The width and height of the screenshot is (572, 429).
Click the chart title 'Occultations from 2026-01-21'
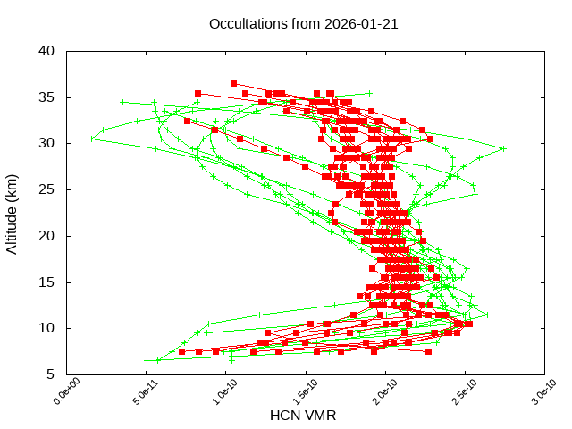pos(303,24)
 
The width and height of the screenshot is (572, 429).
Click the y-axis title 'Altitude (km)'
pos(13,213)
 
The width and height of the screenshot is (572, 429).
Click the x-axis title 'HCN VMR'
pos(303,416)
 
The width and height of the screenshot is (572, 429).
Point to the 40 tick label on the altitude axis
pos(48,51)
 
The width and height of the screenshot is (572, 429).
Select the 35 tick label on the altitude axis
pos(48,97)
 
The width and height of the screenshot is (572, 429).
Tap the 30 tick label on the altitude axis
pos(48,143)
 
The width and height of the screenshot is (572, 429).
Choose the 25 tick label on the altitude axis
pos(48,189)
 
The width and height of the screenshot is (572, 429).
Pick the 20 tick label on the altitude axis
pos(48,236)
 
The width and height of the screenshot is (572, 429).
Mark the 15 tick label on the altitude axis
pos(48,282)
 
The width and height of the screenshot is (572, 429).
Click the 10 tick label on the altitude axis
pos(48,328)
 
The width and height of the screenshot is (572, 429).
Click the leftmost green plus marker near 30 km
pos(91,139)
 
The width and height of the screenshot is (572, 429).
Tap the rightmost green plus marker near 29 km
pos(504,149)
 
